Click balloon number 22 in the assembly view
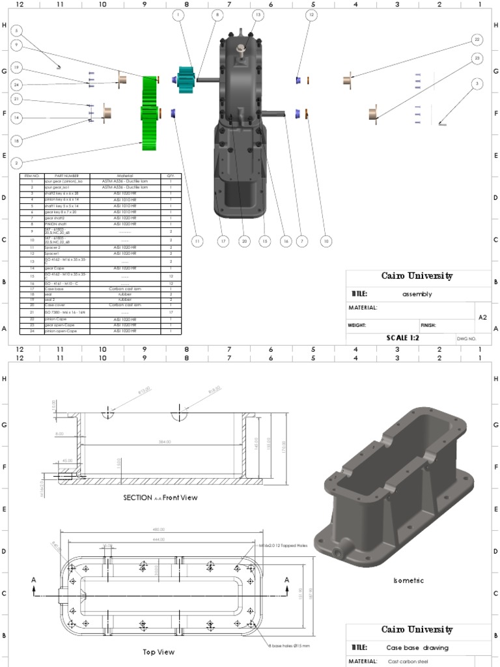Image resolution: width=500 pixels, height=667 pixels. click(x=477, y=40)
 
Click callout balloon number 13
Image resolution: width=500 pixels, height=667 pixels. click(x=258, y=14)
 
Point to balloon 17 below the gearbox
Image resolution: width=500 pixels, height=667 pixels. click(x=223, y=241)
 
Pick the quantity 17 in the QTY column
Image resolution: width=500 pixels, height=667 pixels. click(x=171, y=313)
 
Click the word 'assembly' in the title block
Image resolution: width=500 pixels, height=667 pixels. click(x=417, y=294)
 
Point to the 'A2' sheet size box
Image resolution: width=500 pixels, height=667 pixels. click(x=482, y=317)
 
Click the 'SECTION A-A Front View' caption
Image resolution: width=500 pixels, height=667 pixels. click(x=160, y=497)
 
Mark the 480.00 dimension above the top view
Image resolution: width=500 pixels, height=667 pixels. click(x=158, y=529)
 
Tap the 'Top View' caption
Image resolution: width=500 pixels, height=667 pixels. click(x=158, y=651)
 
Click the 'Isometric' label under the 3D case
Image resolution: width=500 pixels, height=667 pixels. click(x=409, y=580)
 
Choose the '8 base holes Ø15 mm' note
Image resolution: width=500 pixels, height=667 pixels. click(x=289, y=646)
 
